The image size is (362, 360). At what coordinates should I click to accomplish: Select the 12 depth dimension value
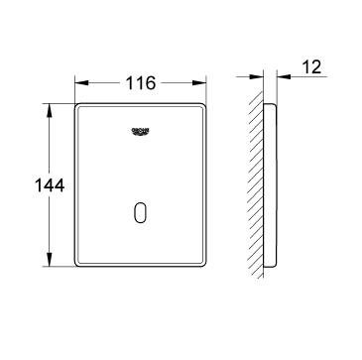coord(312,67)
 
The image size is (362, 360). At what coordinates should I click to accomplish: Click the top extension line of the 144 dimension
coord(58,100)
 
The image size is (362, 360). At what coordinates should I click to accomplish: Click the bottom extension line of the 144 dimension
coord(58,269)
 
